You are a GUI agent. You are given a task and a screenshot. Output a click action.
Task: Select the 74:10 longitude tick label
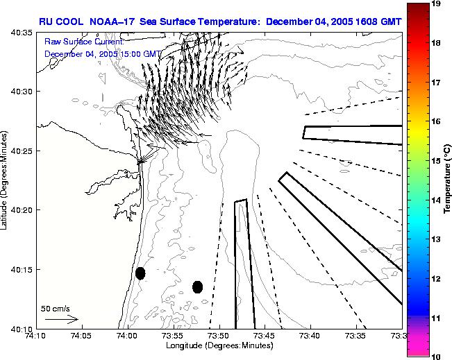[35, 336]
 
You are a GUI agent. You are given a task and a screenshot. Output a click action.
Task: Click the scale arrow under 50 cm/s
[61, 319]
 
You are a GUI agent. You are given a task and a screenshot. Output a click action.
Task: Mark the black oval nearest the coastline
[140, 273]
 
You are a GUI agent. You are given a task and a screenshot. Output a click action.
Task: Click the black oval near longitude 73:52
[197, 286]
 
